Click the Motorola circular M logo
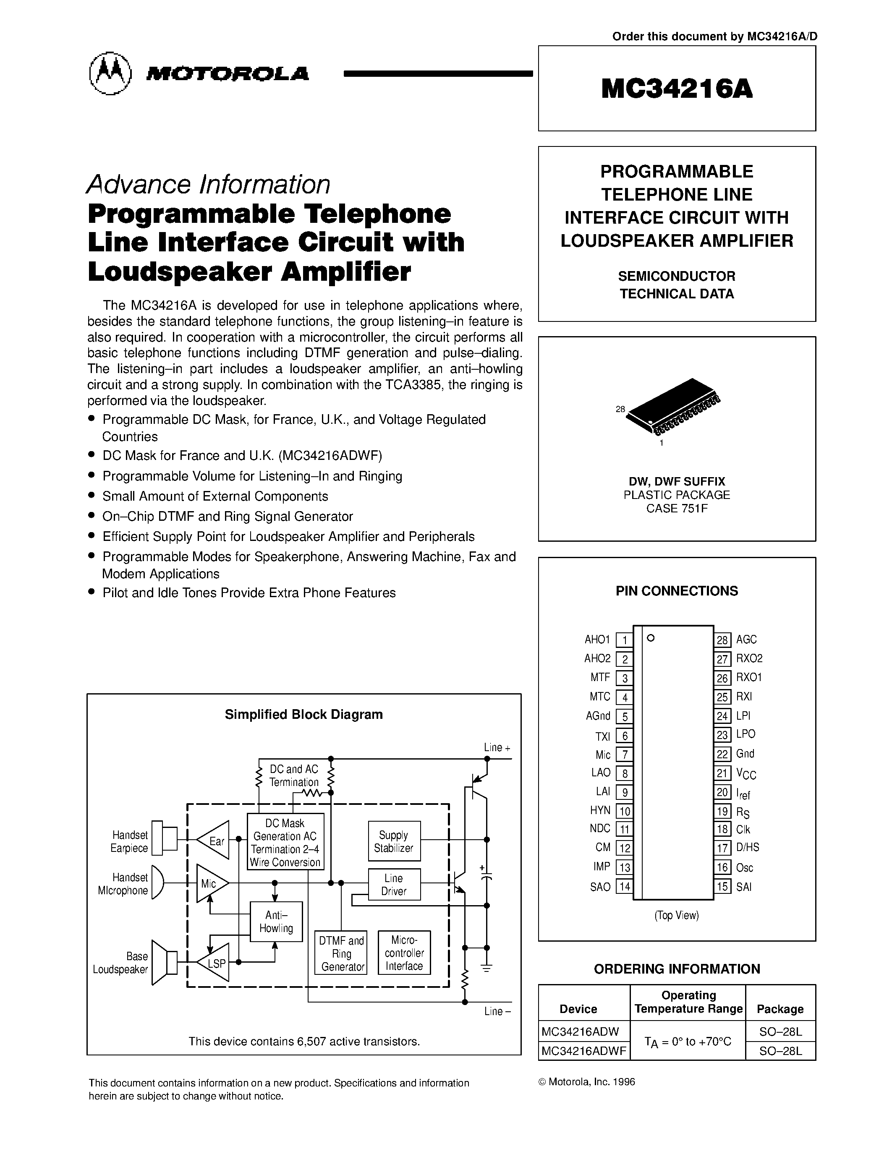pos(110,73)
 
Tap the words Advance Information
pos(208,184)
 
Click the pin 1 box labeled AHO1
pos(624,640)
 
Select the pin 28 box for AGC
pos(722,640)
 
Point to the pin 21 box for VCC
pos(722,773)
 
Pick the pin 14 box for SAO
pos(624,887)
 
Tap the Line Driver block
pos(394,885)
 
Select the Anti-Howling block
pos(276,922)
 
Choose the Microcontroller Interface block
pos(404,953)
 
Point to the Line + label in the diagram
pos(497,747)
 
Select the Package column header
pos(780,1009)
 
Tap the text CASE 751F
pos(676,508)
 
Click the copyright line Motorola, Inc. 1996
pos(586,1081)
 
